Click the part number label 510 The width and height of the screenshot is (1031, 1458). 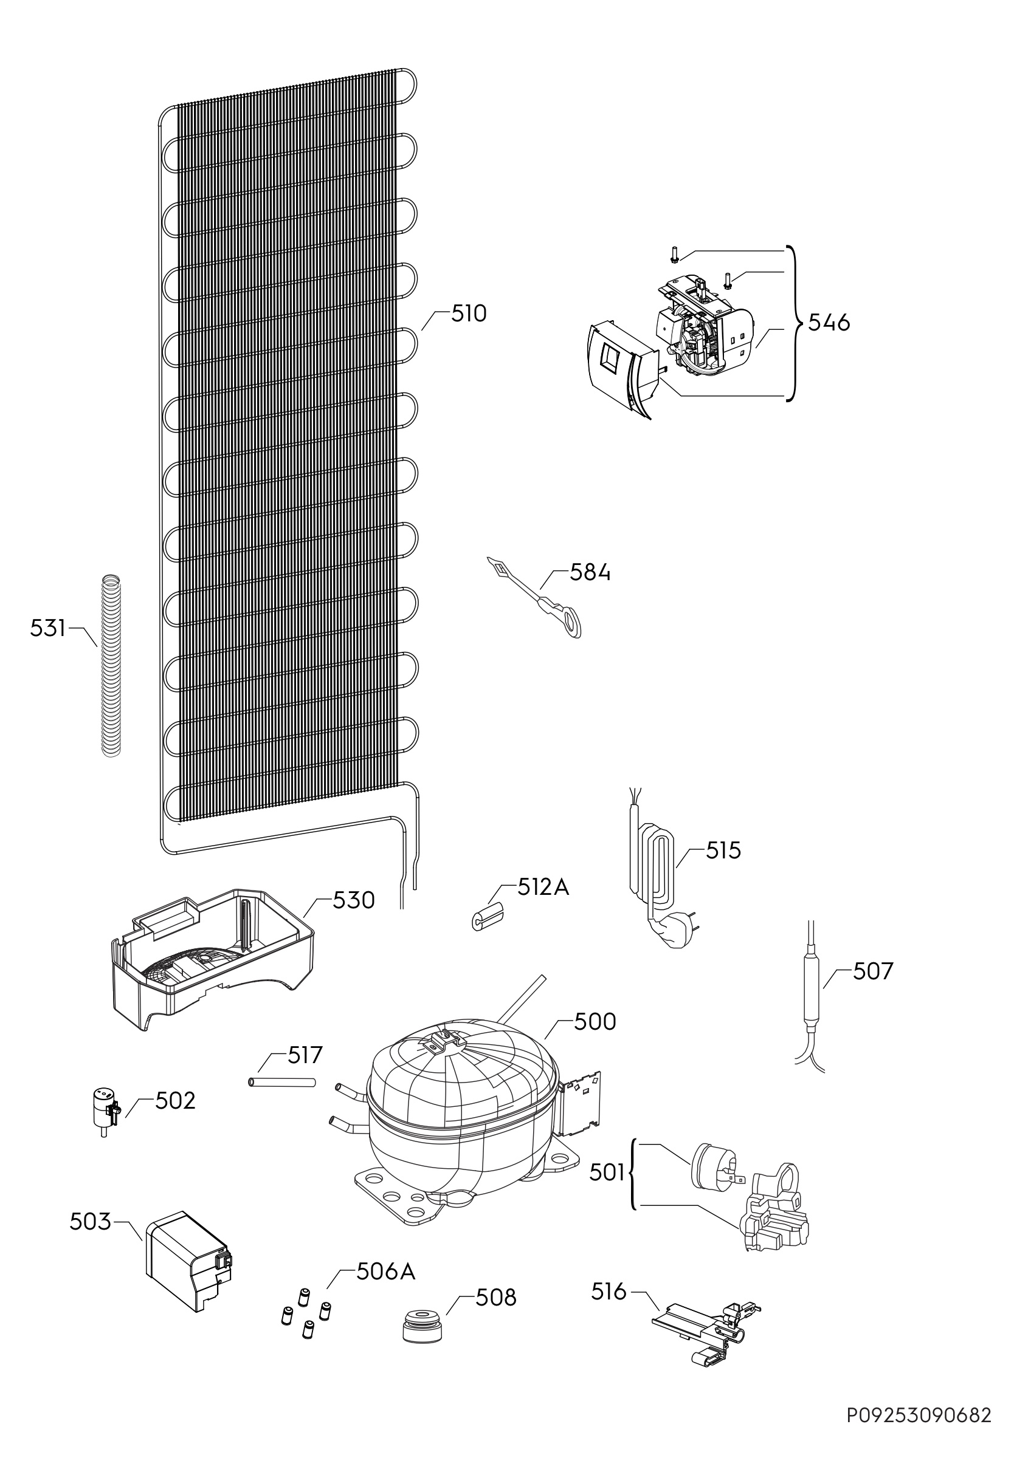coord(469,313)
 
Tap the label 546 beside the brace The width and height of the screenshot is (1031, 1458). coord(829,323)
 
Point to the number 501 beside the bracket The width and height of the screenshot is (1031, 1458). coord(607,1173)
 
